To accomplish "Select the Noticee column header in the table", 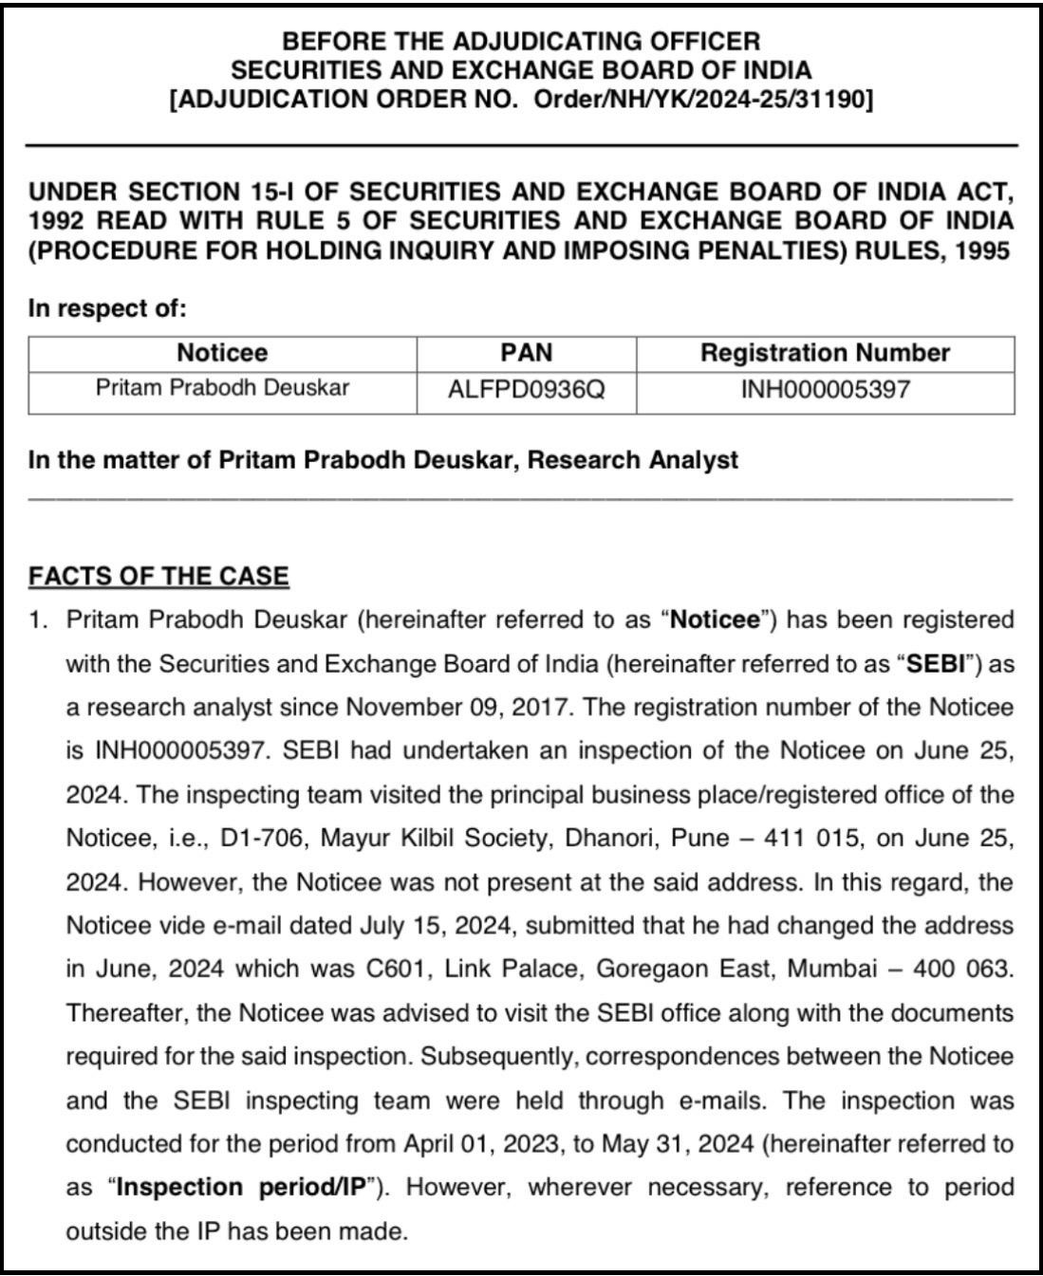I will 222,353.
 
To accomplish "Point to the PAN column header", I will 526,353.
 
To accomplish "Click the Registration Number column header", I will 825,353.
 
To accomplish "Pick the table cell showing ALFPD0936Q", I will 526,390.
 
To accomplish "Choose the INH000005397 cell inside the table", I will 825,390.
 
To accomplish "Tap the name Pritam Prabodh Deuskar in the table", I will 222,388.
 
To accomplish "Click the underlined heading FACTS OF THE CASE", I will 158,576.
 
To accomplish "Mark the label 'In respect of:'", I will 107,308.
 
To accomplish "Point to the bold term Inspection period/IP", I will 242,1188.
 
